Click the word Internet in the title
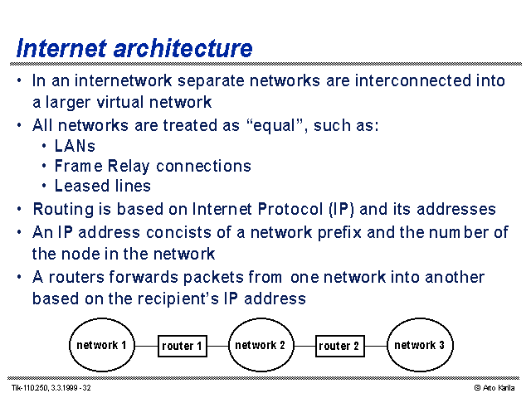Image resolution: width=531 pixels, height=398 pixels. tap(61, 48)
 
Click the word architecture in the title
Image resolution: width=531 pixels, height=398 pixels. tap(183, 48)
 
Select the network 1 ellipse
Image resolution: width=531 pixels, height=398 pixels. tap(102, 345)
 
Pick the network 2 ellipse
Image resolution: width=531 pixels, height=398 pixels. tap(261, 345)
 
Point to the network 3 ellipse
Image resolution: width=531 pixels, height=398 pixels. tap(420, 345)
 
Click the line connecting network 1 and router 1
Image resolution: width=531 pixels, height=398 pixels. tap(146, 346)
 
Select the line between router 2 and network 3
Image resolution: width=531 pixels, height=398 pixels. tap(376, 346)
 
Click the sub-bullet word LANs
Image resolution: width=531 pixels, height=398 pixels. tap(75, 146)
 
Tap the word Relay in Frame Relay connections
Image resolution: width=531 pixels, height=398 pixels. tap(129, 166)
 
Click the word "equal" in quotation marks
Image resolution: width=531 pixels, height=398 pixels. tap(275, 125)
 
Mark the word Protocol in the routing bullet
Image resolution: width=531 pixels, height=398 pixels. tap(290, 209)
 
